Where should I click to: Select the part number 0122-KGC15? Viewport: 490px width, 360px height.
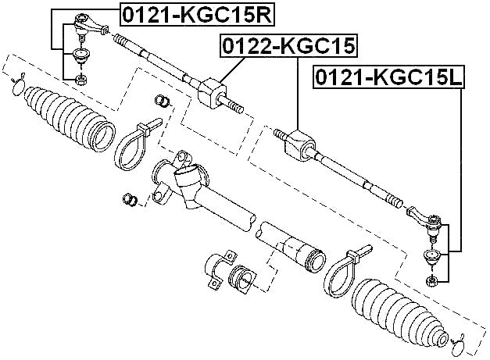point(288,47)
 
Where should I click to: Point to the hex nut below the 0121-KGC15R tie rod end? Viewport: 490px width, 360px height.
point(80,78)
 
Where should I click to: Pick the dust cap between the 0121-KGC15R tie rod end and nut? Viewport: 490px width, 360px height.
point(80,55)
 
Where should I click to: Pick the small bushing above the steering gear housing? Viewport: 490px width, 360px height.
point(163,101)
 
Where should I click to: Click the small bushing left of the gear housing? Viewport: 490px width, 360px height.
point(131,199)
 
